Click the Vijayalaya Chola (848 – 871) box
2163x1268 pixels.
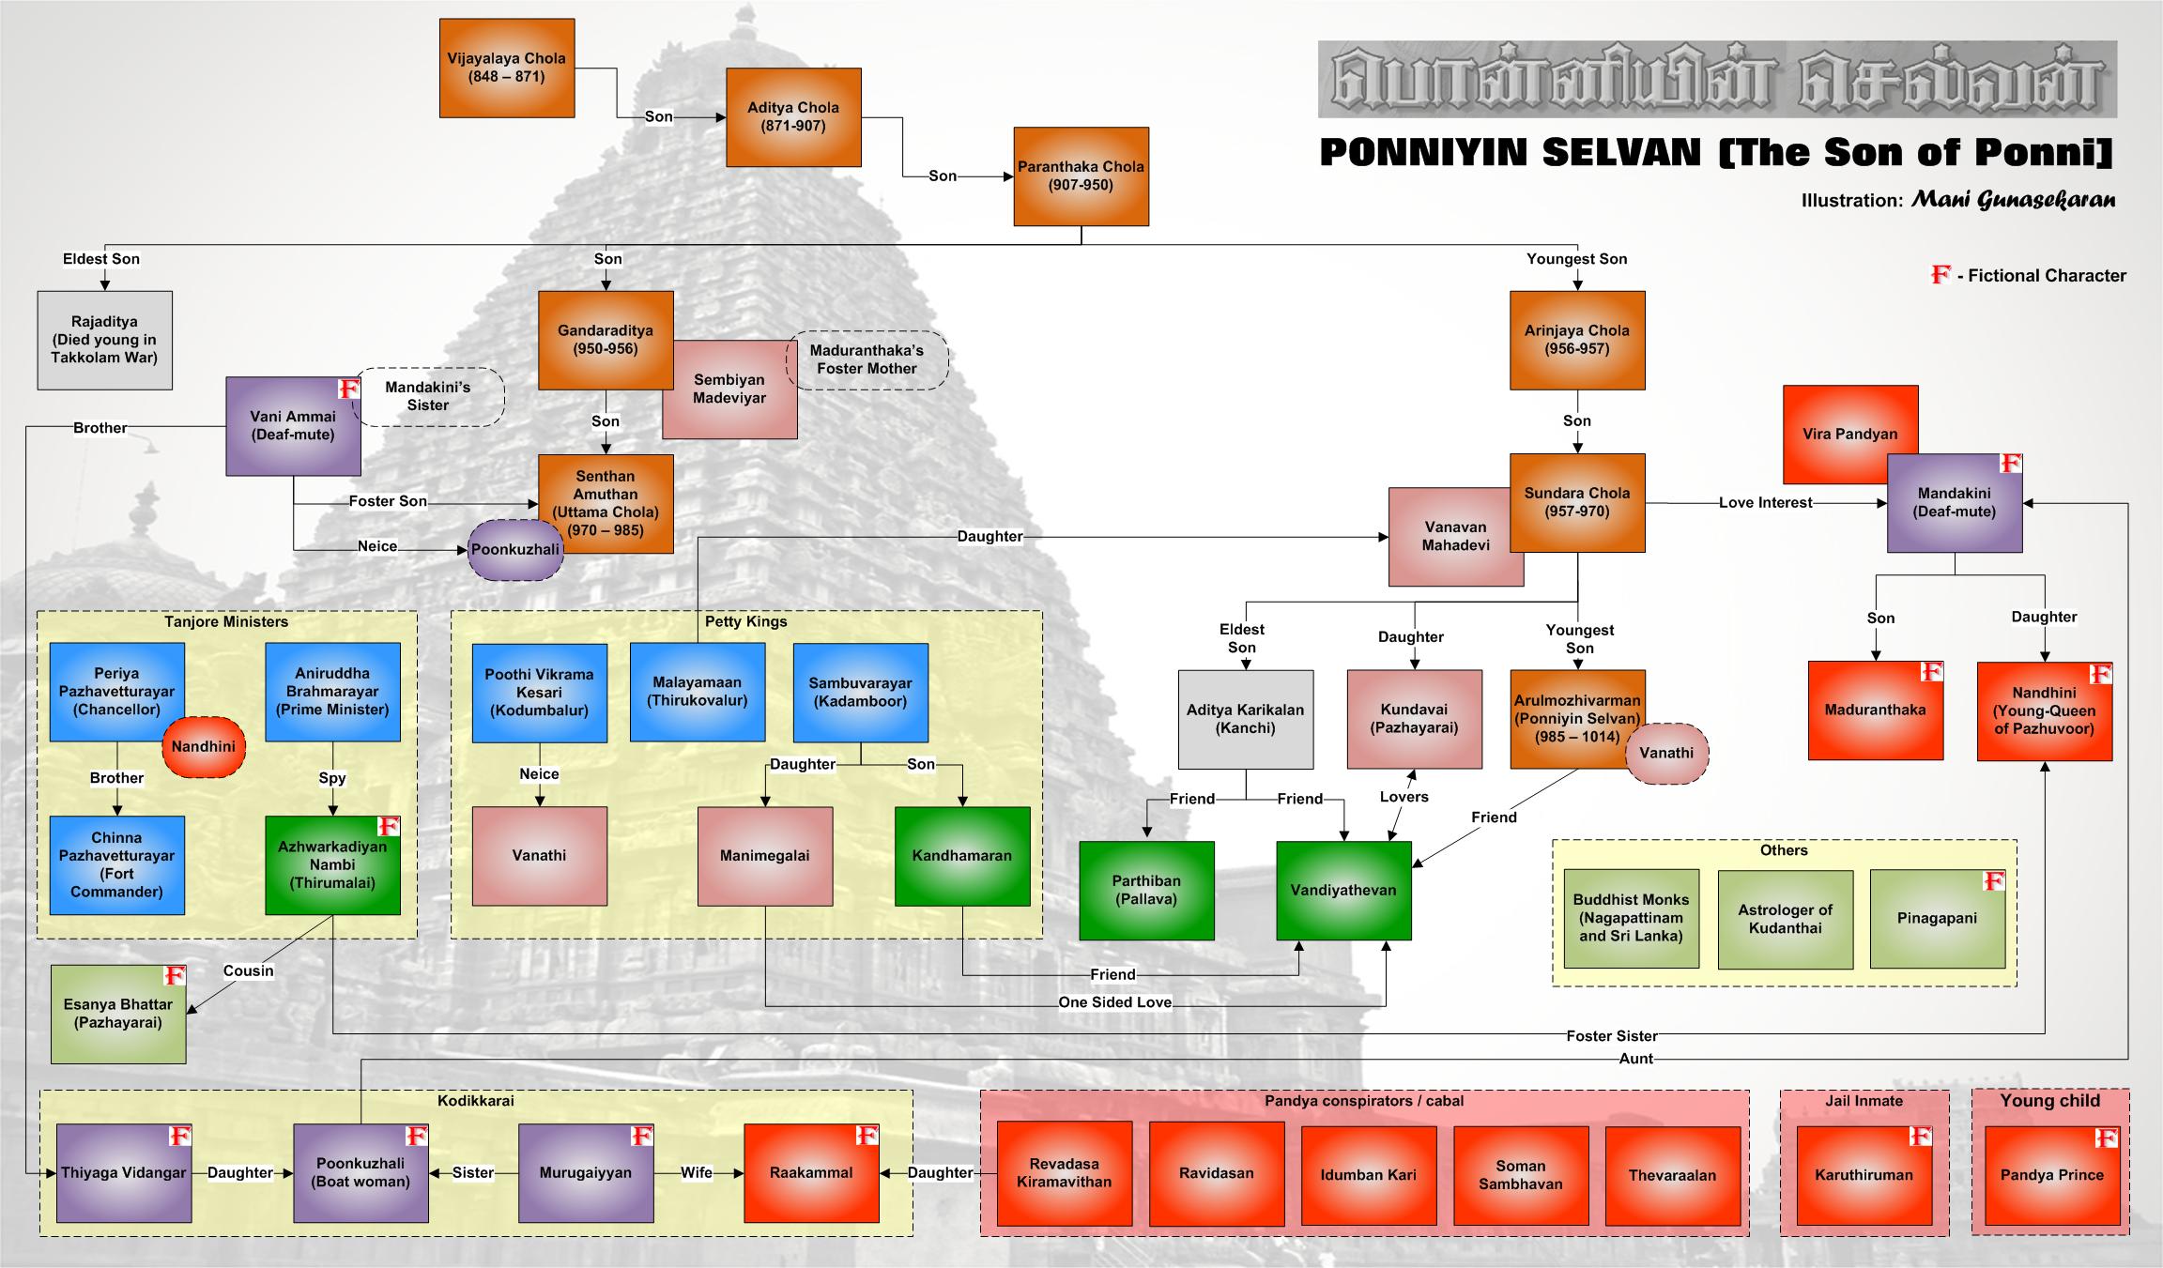pos(507,68)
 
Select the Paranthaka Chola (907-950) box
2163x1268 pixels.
pos(1081,176)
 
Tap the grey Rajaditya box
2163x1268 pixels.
pos(104,340)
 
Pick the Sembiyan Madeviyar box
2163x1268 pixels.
pos(729,390)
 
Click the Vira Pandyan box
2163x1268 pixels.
pos(1849,435)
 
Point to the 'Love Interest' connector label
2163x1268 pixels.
pos(1765,503)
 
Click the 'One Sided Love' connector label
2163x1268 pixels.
pos(1114,1002)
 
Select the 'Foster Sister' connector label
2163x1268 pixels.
pos(1611,1036)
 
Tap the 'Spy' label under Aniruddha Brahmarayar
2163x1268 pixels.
pos(332,778)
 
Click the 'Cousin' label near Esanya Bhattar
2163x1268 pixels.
pos(248,970)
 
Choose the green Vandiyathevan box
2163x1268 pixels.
pos(1343,891)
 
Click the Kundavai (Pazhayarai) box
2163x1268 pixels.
pos(1414,719)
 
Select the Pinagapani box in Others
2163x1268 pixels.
pos(1937,919)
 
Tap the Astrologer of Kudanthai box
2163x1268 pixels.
pos(1785,919)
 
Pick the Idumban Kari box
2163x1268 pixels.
pos(1368,1175)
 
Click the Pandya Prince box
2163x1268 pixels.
pos(2051,1175)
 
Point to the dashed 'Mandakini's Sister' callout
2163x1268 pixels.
pos(429,397)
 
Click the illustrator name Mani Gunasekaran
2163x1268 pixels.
pos(2013,200)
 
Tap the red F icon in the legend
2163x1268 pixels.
pos(1940,275)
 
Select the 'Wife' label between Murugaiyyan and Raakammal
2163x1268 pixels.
pos(696,1172)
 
